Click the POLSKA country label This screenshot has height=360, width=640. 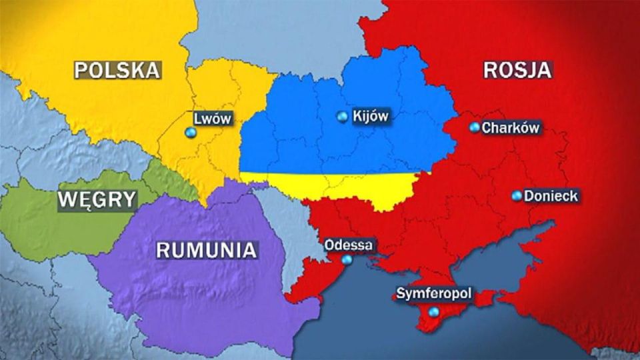pos(117,70)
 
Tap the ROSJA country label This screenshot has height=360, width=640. pos(517,70)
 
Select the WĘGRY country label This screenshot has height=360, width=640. pos(97,199)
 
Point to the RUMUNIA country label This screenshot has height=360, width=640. pos(206,250)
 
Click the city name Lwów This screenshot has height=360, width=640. pos(212,119)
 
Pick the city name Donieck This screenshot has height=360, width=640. pos(551,196)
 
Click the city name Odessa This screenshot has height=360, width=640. pos(348,245)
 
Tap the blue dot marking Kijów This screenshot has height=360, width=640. pos(343,117)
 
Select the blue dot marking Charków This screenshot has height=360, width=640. pos(474,127)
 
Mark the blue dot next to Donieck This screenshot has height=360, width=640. pos(517,195)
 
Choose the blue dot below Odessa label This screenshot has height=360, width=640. pos(347,259)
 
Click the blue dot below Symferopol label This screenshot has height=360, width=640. pos(434,311)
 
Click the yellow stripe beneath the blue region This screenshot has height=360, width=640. pos(333,183)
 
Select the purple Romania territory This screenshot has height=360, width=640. pos(200,293)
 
